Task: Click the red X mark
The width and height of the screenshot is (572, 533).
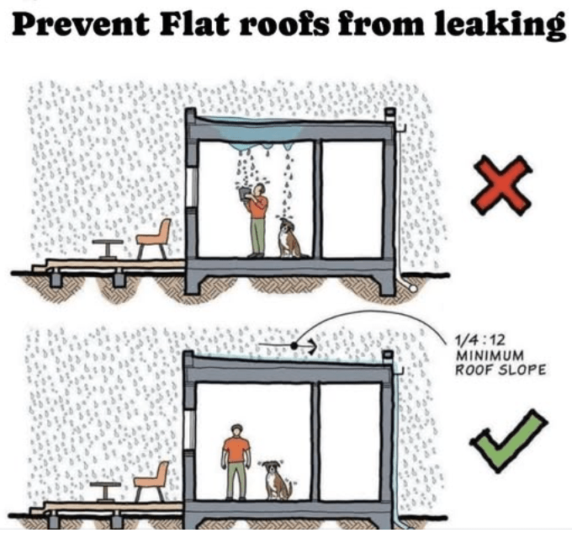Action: (x=502, y=186)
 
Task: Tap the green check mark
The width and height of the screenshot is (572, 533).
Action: (x=509, y=440)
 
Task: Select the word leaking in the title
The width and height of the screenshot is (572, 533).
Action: (x=500, y=24)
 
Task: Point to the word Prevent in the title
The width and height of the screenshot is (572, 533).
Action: (x=80, y=24)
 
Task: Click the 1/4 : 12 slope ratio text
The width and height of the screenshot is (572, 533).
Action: (x=479, y=340)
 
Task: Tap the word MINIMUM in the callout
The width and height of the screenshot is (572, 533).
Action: (x=490, y=354)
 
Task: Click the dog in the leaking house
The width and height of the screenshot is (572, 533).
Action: (x=289, y=239)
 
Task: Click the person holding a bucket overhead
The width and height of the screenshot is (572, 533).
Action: (x=256, y=220)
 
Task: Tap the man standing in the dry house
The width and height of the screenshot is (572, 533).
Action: (x=236, y=461)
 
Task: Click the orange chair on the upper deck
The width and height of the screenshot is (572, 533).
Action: (x=154, y=238)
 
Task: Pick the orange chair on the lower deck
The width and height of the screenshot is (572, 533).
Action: (x=151, y=481)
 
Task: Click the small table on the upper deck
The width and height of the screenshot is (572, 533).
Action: (x=108, y=249)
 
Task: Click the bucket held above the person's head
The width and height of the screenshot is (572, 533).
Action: (x=243, y=194)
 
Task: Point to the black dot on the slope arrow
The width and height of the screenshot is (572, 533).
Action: (x=294, y=345)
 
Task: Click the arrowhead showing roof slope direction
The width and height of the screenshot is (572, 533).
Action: (x=310, y=345)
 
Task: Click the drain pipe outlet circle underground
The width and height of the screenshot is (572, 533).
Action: (x=413, y=288)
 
